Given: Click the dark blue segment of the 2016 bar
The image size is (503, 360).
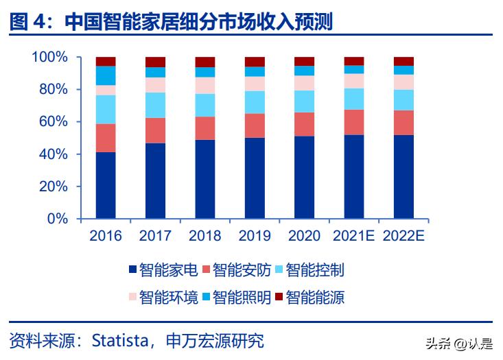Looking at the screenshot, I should click(x=106, y=185).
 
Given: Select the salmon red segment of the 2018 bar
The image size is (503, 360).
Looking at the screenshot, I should click(x=204, y=128).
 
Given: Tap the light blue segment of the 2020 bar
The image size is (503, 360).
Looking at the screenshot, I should click(x=304, y=101).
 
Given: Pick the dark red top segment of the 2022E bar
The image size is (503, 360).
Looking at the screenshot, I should click(x=403, y=61).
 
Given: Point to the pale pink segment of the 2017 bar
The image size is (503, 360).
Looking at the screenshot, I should click(x=155, y=85).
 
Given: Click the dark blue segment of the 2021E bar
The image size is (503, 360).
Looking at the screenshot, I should click(x=354, y=177).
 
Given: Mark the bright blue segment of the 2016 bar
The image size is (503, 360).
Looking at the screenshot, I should click(x=106, y=75).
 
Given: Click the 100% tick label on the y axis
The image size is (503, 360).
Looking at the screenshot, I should click(x=50, y=57).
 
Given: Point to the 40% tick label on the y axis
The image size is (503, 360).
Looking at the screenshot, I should click(x=54, y=154).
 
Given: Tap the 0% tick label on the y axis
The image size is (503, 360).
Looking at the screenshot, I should click(x=58, y=219).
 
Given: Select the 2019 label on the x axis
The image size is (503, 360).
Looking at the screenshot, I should click(x=255, y=236).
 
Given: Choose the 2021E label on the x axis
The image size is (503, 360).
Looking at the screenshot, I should click(x=353, y=236).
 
